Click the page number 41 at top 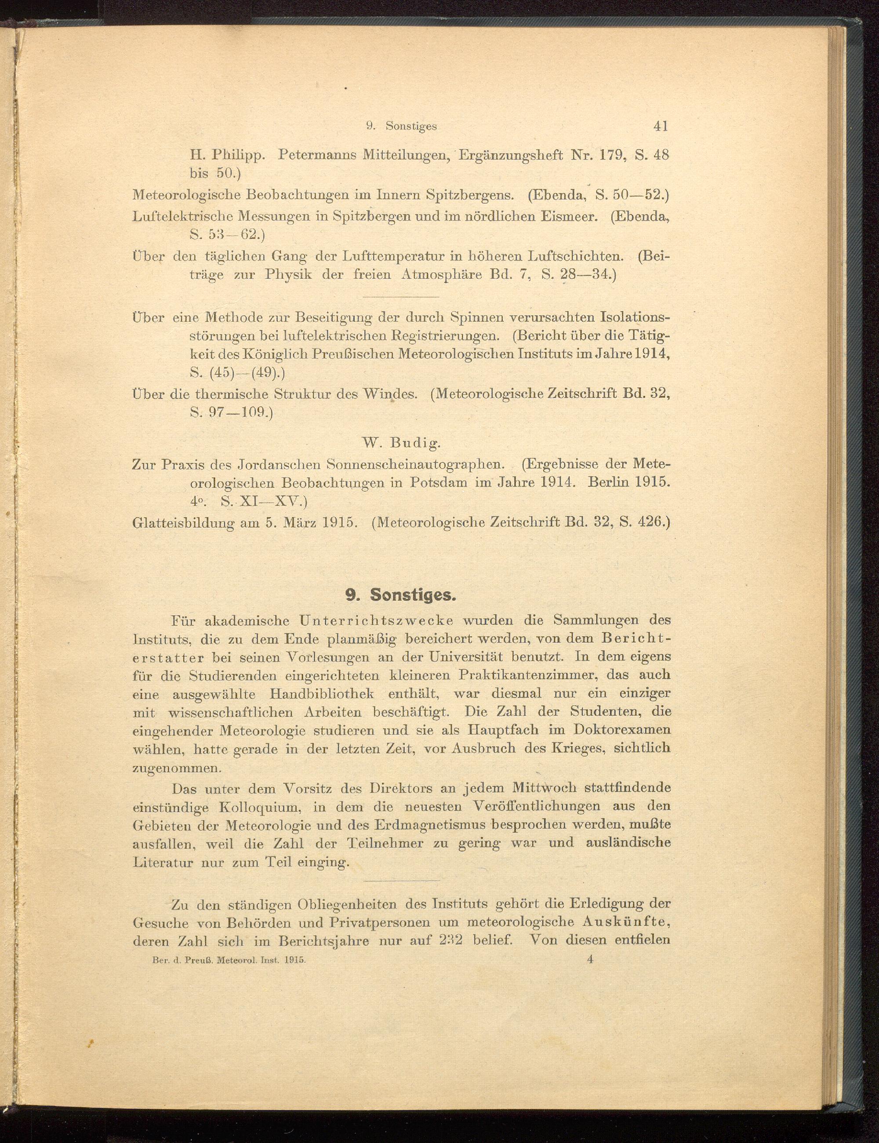tap(660, 126)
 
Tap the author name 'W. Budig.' tap(402, 444)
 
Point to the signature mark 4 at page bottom tap(590, 959)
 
